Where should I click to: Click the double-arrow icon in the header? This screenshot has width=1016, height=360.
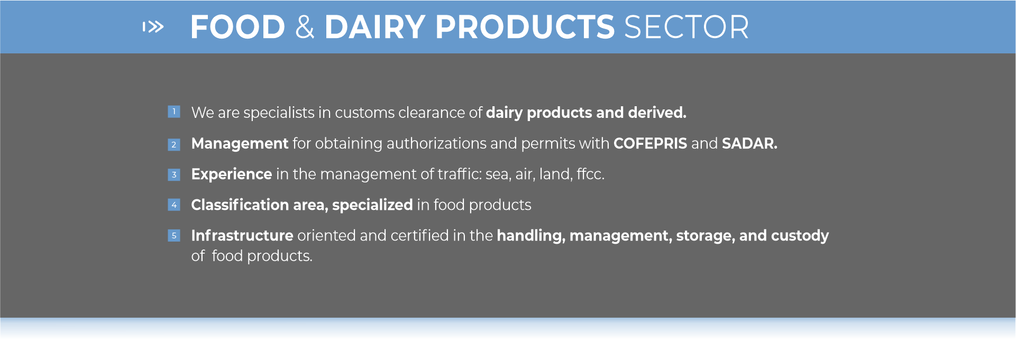coord(153,26)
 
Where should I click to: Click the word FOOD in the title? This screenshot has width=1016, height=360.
coord(238,27)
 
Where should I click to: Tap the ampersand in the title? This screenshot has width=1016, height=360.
coord(305,27)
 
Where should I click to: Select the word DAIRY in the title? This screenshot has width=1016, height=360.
coord(374,27)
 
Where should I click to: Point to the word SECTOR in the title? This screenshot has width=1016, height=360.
coord(687,27)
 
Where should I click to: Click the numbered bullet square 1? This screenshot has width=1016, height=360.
coord(174,112)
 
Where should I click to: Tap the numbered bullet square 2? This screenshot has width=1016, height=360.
coord(174,144)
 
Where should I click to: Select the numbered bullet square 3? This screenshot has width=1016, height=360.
coord(174,174)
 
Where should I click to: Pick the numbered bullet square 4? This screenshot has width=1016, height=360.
coord(174,205)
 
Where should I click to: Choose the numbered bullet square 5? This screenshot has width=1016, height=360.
coord(174,235)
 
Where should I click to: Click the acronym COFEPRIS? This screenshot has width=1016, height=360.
coord(650,143)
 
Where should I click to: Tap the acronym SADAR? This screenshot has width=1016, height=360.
coord(749,143)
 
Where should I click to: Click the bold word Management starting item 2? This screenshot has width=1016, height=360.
coord(240,144)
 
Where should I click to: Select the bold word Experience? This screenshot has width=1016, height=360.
coord(232,174)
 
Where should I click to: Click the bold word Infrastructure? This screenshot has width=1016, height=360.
coord(242,235)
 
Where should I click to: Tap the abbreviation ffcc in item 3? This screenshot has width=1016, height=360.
coord(590,174)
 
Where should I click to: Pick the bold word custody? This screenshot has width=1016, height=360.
coord(800,236)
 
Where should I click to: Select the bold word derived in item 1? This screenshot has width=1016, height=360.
coord(657,113)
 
